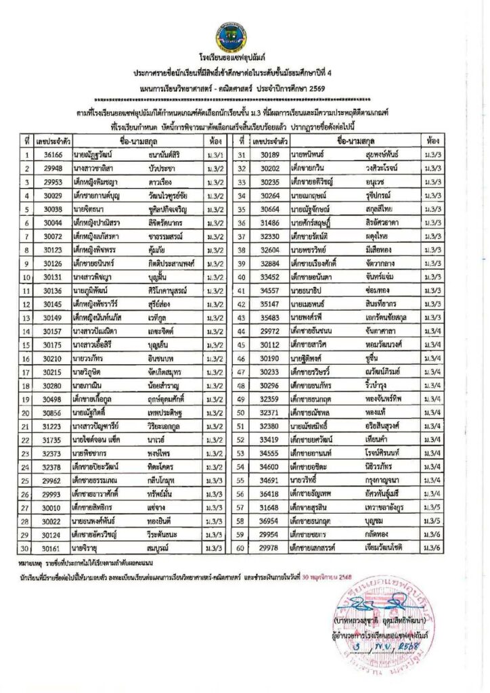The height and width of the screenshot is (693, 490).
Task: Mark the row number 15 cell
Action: tap(26, 345)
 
